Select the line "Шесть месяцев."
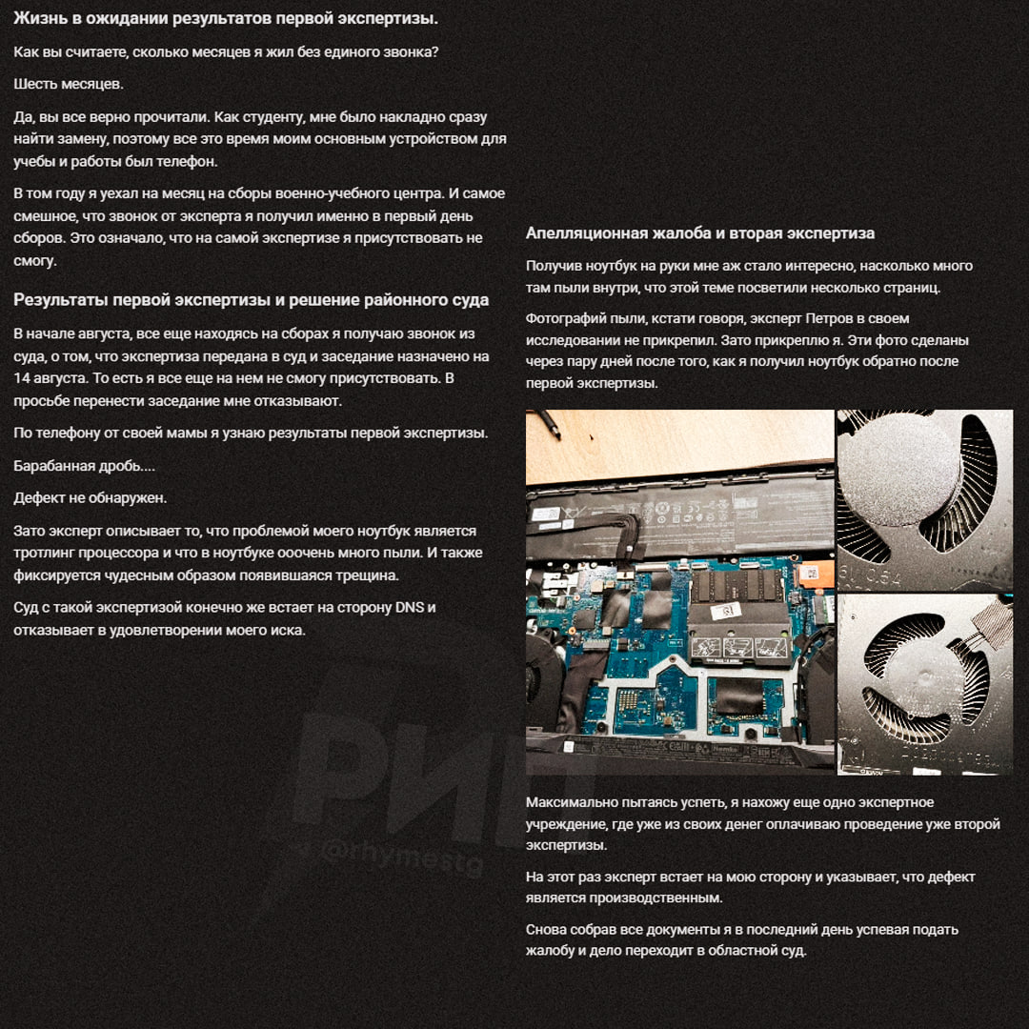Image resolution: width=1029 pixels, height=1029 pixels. pyautogui.click(x=69, y=84)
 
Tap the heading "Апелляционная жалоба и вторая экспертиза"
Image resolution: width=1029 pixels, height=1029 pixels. pyautogui.click(x=700, y=233)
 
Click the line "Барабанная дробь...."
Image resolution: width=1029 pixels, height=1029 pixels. pyautogui.click(x=84, y=466)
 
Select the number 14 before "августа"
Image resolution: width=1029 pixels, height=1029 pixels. pyautogui.click(x=22, y=378)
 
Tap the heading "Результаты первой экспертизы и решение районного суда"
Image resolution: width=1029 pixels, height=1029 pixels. pyautogui.click(x=251, y=300)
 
